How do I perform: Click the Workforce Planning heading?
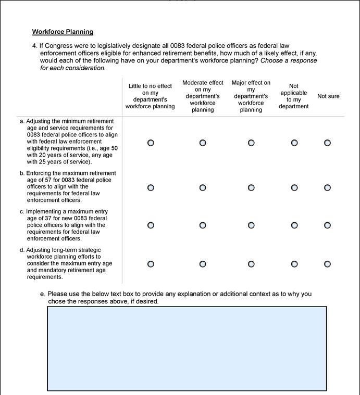click(x=63, y=32)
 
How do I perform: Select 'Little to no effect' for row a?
click(x=151, y=143)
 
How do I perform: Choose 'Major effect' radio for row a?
click(x=251, y=143)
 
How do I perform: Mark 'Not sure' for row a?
click(x=327, y=143)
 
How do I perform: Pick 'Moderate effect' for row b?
click(x=203, y=187)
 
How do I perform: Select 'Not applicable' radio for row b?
click(x=294, y=187)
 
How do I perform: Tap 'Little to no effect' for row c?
click(x=151, y=225)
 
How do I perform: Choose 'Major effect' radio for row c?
click(x=251, y=225)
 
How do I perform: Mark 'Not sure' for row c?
click(x=327, y=225)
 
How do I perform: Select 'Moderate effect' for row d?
click(x=203, y=264)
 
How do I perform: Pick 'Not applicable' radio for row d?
click(x=294, y=264)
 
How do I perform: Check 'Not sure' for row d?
click(x=327, y=264)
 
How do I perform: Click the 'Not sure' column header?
click(x=328, y=96)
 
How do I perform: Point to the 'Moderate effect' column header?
click(x=203, y=96)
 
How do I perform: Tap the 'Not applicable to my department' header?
click(x=294, y=96)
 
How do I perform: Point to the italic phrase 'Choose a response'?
click(x=288, y=60)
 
